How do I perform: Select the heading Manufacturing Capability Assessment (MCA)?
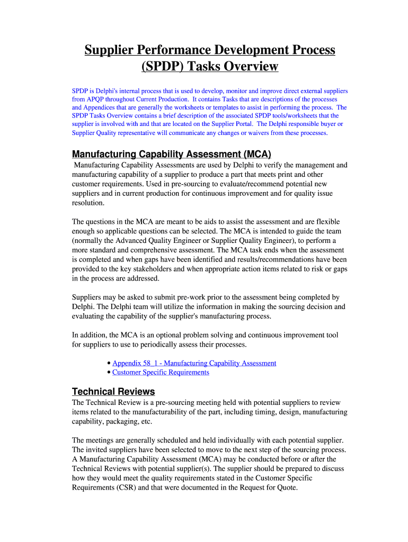(171, 154)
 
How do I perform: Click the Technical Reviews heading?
(113, 392)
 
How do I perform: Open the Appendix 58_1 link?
(194, 363)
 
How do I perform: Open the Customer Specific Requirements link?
(161, 372)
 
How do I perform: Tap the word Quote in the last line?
(287, 488)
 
